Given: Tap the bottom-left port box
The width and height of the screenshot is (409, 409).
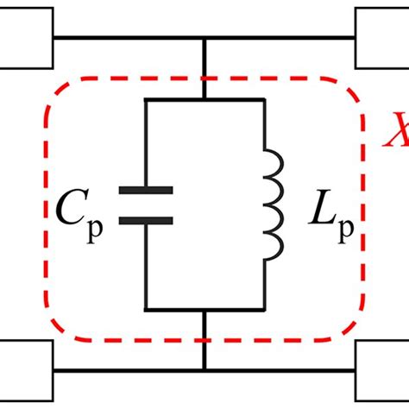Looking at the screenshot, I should point(27,367).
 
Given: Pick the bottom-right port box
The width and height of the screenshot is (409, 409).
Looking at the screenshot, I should point(382,367).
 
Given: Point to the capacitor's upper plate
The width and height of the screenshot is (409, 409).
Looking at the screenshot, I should point(145,189).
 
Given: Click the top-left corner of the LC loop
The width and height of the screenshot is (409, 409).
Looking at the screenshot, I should point(145,100).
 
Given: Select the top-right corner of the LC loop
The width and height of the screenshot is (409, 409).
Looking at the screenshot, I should point(264,100).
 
